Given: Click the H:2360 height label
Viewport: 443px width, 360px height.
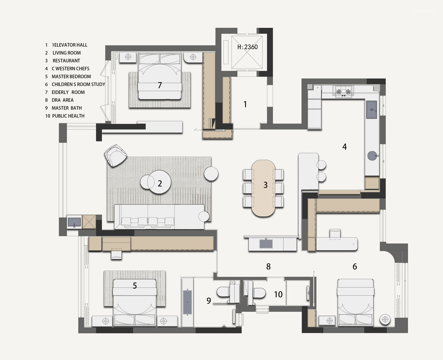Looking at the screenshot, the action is (x=247, y=47).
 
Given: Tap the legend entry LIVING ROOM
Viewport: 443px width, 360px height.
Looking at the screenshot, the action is (x=67, y=53).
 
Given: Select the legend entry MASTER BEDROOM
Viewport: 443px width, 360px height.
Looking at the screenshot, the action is (x=71, y=77).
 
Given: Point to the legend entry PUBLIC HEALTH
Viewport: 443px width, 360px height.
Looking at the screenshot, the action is (x=68, y=116).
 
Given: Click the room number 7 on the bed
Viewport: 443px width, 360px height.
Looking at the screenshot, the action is (x=160, y=85).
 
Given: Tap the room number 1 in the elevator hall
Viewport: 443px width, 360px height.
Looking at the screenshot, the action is (x=245, y=104).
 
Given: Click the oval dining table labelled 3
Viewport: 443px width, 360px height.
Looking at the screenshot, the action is (x=263, y=188).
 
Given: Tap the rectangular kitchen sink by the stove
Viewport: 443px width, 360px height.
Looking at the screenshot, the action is (x=372, y=110).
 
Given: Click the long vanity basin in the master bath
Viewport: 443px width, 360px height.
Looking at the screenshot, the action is (x=187, y=302).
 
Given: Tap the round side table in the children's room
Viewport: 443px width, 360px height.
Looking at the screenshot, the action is (x=385, y=320).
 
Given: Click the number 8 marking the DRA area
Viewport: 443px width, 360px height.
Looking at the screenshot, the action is (x=268, y=266).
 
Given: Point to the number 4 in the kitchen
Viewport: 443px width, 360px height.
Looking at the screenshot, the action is (x=345, y=146).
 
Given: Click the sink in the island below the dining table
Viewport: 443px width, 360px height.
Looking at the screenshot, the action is (x=266, y=243).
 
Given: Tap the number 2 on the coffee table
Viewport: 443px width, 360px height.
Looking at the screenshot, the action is (x=160, y=184).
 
